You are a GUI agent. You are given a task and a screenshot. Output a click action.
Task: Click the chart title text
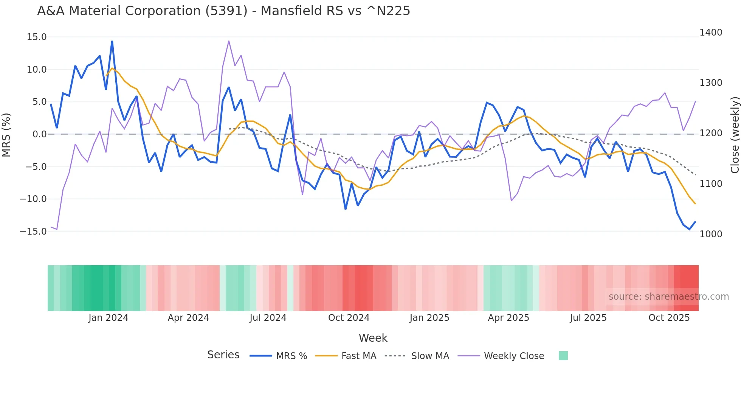223,11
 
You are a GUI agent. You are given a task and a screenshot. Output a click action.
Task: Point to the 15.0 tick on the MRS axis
37,37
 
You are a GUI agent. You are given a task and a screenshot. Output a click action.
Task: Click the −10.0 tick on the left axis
33,199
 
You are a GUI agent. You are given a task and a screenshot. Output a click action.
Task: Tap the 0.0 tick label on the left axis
39,134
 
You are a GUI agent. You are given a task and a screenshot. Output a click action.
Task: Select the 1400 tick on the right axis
711,33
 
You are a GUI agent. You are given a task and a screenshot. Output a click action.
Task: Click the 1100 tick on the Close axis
711,184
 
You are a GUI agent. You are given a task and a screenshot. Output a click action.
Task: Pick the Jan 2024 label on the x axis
109,318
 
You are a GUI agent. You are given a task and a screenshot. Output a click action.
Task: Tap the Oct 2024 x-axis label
349,318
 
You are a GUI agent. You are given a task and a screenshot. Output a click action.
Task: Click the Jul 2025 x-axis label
588,318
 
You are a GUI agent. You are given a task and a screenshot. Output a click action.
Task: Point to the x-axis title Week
373,338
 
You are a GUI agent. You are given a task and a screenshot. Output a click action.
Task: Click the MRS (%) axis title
6,135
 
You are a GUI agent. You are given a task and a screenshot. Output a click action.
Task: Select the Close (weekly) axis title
735,135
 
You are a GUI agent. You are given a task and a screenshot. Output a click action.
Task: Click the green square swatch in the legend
563,356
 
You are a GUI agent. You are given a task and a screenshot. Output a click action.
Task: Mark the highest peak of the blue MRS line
112,41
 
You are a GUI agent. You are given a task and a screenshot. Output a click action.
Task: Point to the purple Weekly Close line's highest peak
229,41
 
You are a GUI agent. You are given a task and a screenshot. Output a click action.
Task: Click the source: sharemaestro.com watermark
668,297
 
